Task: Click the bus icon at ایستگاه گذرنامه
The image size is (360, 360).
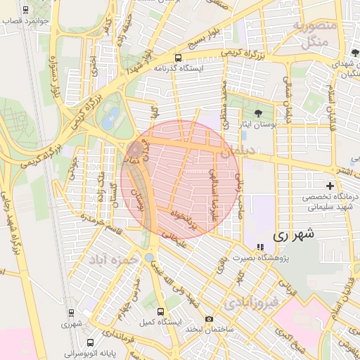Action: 178,58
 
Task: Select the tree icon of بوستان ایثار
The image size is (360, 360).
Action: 258,112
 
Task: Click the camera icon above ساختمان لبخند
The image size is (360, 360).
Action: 209,319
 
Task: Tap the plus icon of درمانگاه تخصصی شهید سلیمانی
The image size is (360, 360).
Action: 330,184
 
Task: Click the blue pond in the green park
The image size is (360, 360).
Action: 110,120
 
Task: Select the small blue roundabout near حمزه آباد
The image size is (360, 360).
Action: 150,257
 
